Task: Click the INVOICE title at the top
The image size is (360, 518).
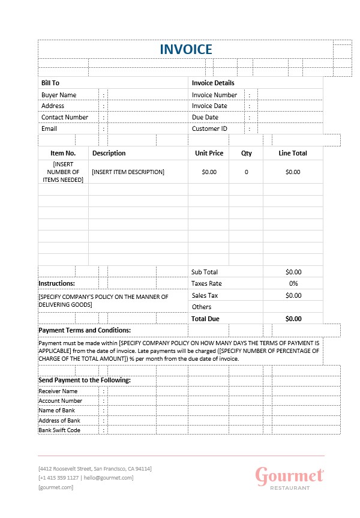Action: [x=185, y=49]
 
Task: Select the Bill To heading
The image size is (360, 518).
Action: [x=50, y=83]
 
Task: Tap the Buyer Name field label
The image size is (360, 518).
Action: [x=59, y=95]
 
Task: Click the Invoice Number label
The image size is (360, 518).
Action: [x=214, y=95]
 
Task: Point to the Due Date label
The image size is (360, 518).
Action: [x=205, y=117]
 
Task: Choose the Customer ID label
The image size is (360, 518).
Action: [x=209, y=128]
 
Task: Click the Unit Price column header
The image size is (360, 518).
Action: [x=209, y=153]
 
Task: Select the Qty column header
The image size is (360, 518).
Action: [x=246, y=153]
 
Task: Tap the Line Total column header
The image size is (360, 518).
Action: [x=293, y=153]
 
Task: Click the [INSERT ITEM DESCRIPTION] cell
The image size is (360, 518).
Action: [x=128, y=172]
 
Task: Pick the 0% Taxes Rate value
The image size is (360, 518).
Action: [x=293, y=283]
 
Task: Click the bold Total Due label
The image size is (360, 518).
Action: [x=205, y=319]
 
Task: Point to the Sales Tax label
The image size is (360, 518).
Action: [x=204, y=295]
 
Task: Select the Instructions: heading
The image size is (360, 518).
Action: [x=56, y=283]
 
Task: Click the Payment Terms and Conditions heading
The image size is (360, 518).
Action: [x=85, y=330]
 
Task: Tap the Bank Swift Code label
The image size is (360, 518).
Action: [x=59, y=430]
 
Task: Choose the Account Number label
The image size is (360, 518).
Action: [x=61, y=401]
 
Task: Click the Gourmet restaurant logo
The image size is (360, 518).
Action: [x=290, y=478]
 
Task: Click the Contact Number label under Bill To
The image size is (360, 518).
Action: [x=65, y=117]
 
